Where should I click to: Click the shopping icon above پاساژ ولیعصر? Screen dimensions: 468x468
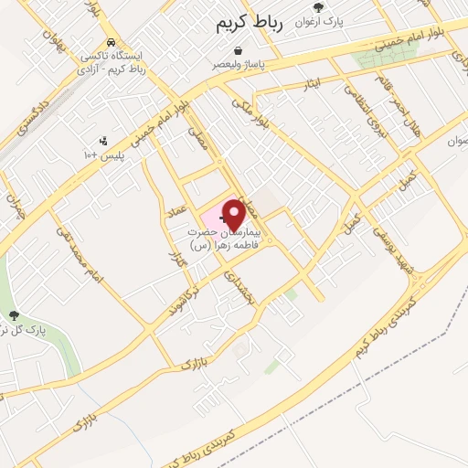tap(239, 50)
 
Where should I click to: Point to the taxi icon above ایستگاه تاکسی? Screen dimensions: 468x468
tap(111, 42)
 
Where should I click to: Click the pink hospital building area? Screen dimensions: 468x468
tap(214, 218)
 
